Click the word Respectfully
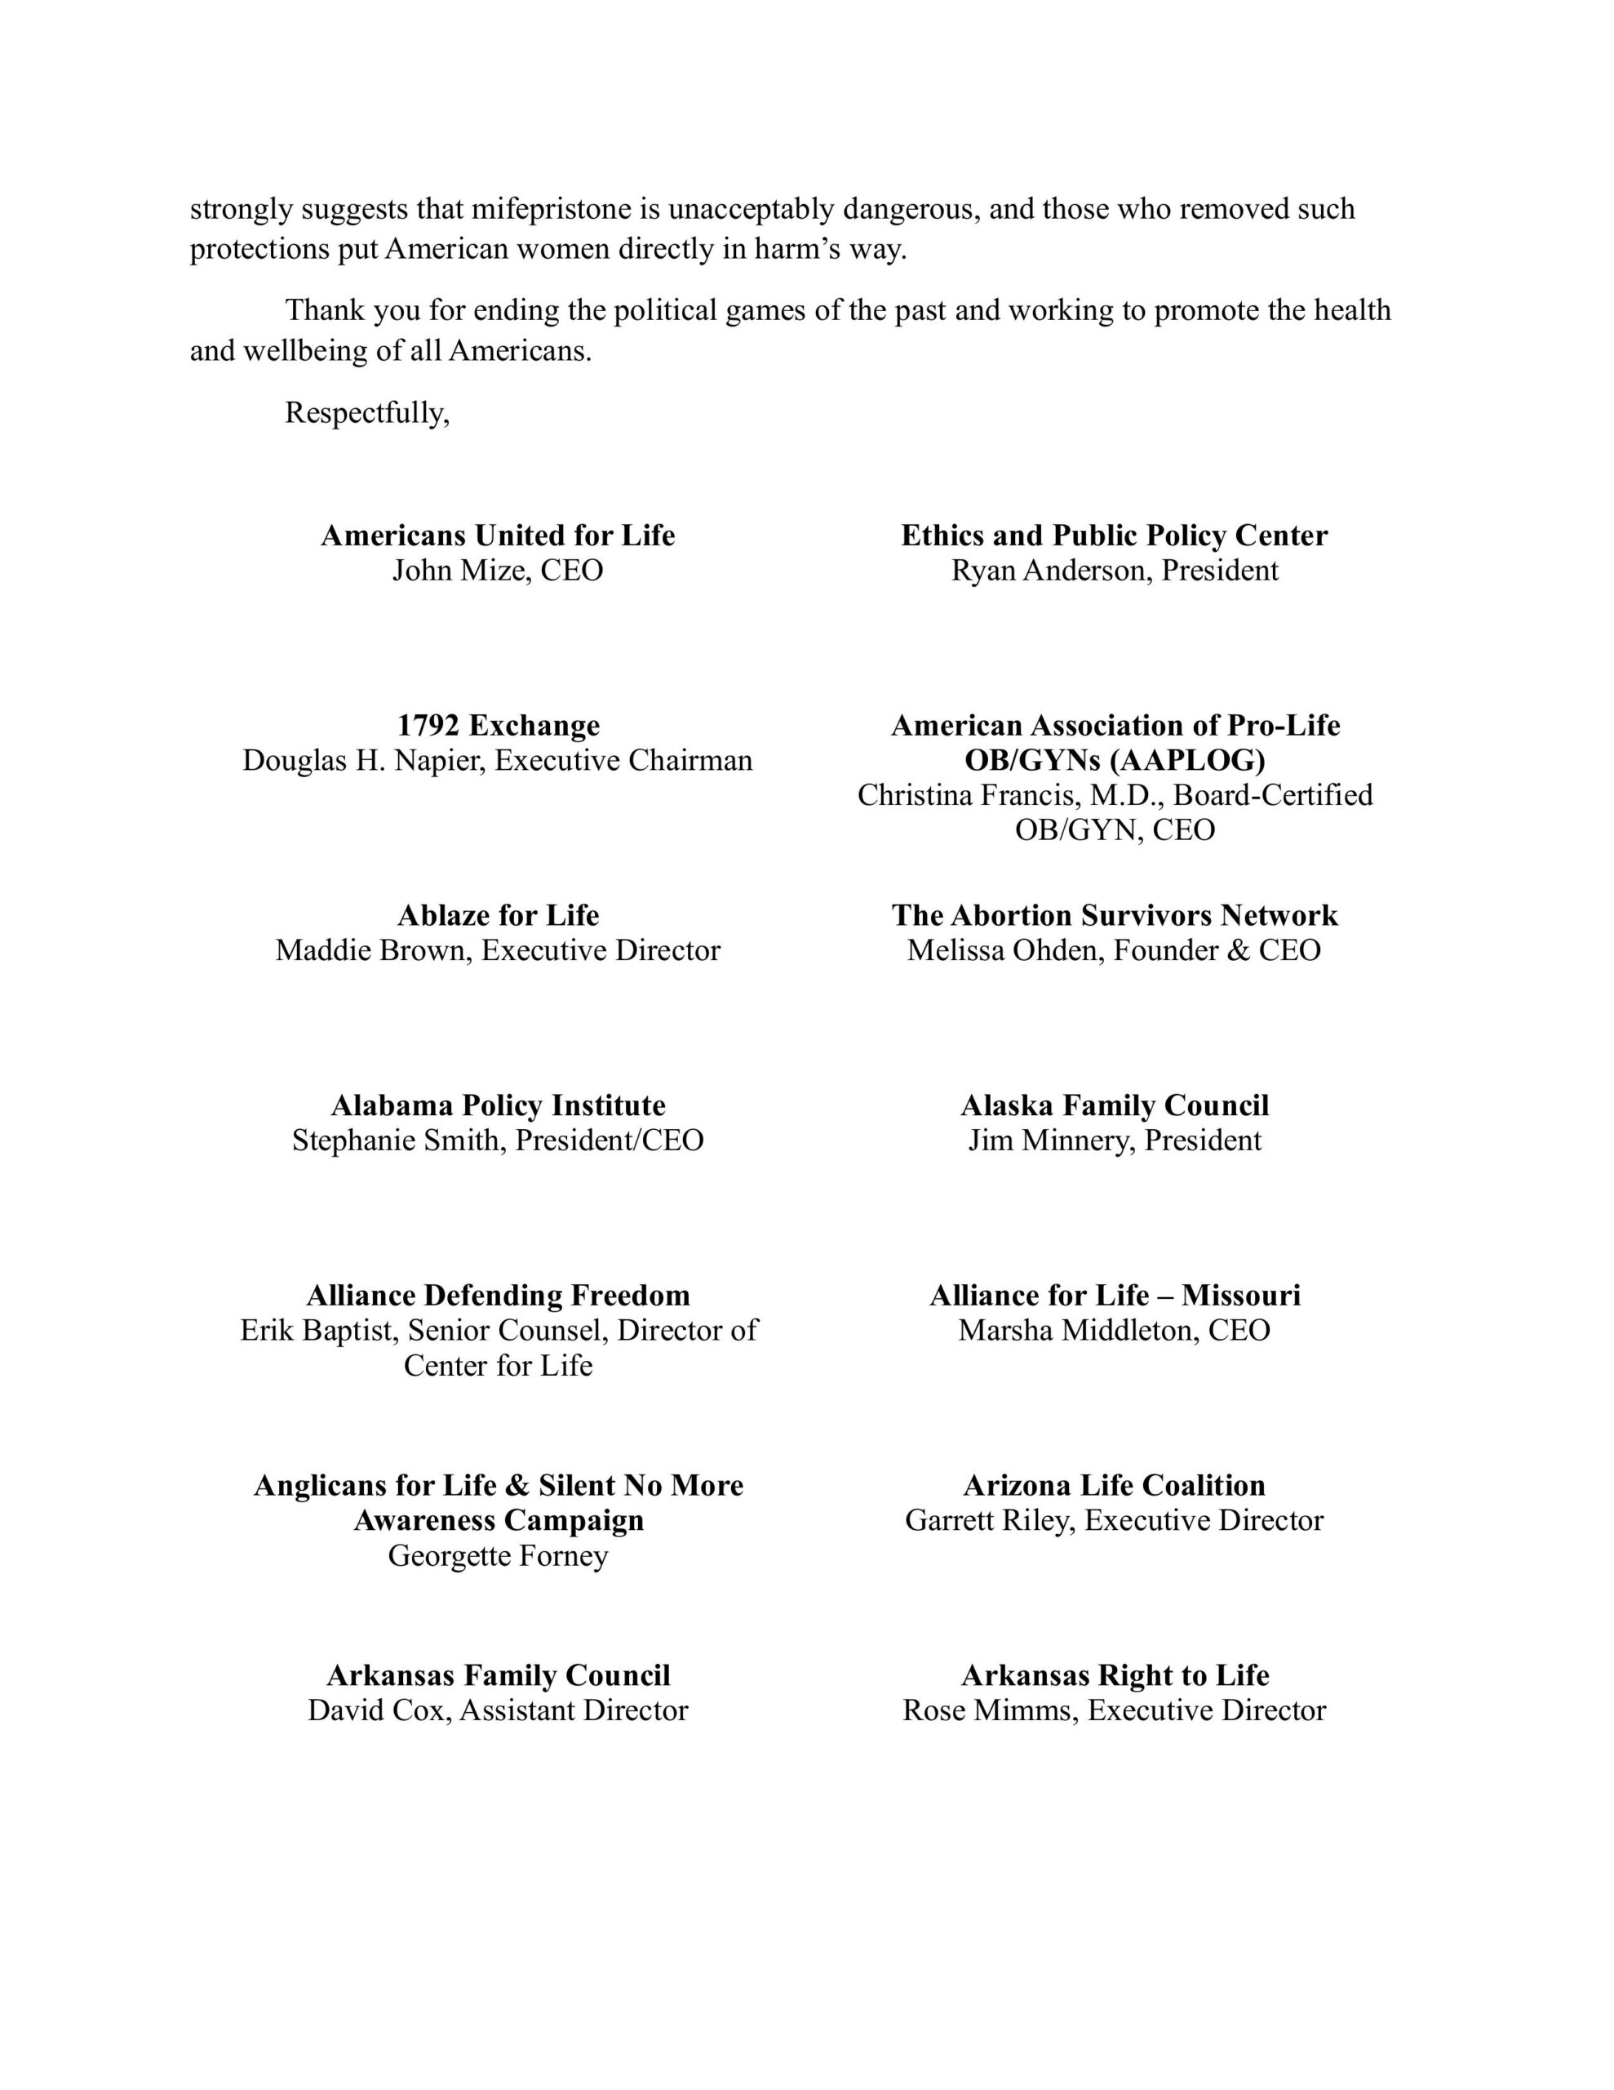366,412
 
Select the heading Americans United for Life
498,535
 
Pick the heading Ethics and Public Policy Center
1114,535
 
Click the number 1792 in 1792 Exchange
428,725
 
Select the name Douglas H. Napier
364,760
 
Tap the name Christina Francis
969,794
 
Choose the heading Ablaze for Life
498,915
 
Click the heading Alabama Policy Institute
498,1105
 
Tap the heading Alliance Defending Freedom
498,1295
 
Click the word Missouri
1240,1295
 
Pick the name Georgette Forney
498,1555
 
